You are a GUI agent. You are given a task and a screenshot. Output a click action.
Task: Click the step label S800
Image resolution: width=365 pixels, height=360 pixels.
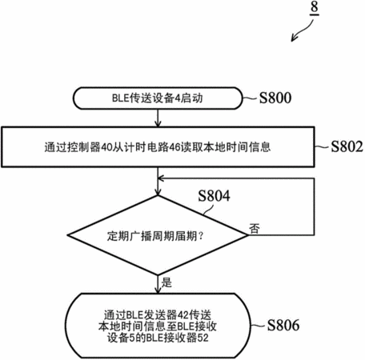point(275,98)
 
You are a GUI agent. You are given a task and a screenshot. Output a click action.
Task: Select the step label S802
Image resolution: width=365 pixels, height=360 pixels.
point(347,146)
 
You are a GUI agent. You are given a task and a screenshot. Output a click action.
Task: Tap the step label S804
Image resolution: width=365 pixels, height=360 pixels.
point(214,196)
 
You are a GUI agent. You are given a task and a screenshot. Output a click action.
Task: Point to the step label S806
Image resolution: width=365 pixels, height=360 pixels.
point(283,325)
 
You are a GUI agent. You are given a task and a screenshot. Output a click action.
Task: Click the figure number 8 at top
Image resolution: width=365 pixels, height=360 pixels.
point(315,7)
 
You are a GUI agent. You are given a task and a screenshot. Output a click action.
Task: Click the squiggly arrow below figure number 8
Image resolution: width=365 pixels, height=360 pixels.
point(303,31)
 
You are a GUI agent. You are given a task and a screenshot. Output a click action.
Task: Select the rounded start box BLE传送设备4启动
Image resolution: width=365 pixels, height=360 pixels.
point(158,98)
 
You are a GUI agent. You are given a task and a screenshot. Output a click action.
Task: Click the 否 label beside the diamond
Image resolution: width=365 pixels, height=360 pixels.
point(255,229)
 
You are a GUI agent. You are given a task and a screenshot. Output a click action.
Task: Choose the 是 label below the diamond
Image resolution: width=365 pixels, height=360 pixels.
point(166,282)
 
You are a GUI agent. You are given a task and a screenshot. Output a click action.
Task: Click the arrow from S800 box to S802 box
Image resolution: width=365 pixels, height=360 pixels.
point(158,118)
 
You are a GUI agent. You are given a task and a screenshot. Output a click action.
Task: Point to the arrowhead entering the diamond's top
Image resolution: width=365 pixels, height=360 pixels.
point(158,192)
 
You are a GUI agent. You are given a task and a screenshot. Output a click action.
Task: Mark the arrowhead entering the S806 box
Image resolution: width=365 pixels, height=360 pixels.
point(158,290)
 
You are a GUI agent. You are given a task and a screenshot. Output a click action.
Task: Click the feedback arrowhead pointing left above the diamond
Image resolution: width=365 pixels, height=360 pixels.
point(161,178)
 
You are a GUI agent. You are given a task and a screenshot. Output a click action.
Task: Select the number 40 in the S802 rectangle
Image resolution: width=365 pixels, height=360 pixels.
point(106,147)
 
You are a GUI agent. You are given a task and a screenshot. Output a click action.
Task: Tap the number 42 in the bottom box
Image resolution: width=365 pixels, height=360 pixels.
point(183,315)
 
